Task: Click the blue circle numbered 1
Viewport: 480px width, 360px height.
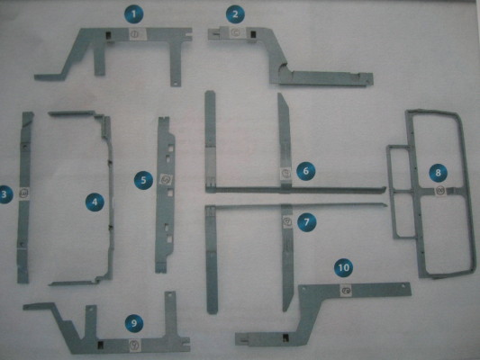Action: pos(134,14)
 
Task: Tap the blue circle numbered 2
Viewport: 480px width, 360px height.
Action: pos(235,14)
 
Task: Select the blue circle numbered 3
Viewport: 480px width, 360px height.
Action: pos(5,194)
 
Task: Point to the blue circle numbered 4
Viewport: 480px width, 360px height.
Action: pos(95,202)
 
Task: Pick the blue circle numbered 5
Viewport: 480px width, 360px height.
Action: pos(143,180)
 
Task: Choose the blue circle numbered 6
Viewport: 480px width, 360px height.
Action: pos(306,171)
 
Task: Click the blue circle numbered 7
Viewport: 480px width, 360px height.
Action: pos(307,221)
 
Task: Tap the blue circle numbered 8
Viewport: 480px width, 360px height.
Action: pos(438,173)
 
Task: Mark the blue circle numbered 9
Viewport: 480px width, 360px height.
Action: pos(134,323)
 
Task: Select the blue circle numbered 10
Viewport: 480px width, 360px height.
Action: pos(343,267)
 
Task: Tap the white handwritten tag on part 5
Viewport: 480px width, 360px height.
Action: pos(167,180)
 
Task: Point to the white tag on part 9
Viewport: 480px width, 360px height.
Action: pos(134,345)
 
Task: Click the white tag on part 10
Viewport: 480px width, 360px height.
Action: pos(346,291)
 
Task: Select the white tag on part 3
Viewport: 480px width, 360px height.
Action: pos(24,193)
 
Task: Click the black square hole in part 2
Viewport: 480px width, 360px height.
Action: pos(253,34)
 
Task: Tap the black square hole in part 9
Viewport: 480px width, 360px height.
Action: pos(100,346)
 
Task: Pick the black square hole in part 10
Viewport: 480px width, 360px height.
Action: pos(285,337)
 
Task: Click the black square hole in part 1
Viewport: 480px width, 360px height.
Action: pos(109,35)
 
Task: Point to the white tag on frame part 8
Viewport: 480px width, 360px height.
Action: pos(440,191)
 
